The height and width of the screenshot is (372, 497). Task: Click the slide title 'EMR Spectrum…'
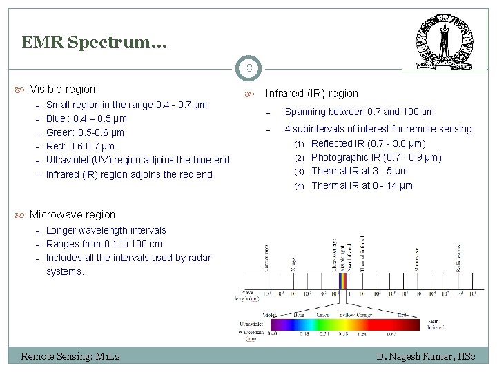point(94,43)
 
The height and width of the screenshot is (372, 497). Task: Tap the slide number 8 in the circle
point(248,68)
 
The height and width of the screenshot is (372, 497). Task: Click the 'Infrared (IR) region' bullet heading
point(311,93)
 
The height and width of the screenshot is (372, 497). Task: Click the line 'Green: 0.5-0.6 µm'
point(85,132)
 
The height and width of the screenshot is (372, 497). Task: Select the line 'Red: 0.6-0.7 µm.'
point(82,146)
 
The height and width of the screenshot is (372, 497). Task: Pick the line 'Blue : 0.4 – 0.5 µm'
point(87,118)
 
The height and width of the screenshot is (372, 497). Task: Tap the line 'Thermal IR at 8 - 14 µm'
point(362,185)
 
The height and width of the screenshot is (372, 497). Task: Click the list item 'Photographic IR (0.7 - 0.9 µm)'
point(376,157)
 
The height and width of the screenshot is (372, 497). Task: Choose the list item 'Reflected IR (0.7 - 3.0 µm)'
point(368,143)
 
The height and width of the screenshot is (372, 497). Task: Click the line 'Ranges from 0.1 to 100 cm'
point(104,244)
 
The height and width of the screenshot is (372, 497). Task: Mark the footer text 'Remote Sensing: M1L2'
point(71,356)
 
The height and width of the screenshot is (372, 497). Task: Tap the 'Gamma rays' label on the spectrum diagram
point(267,257)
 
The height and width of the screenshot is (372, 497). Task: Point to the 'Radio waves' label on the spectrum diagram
point(460,257)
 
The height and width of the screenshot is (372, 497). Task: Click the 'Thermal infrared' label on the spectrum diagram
point(364,254)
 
